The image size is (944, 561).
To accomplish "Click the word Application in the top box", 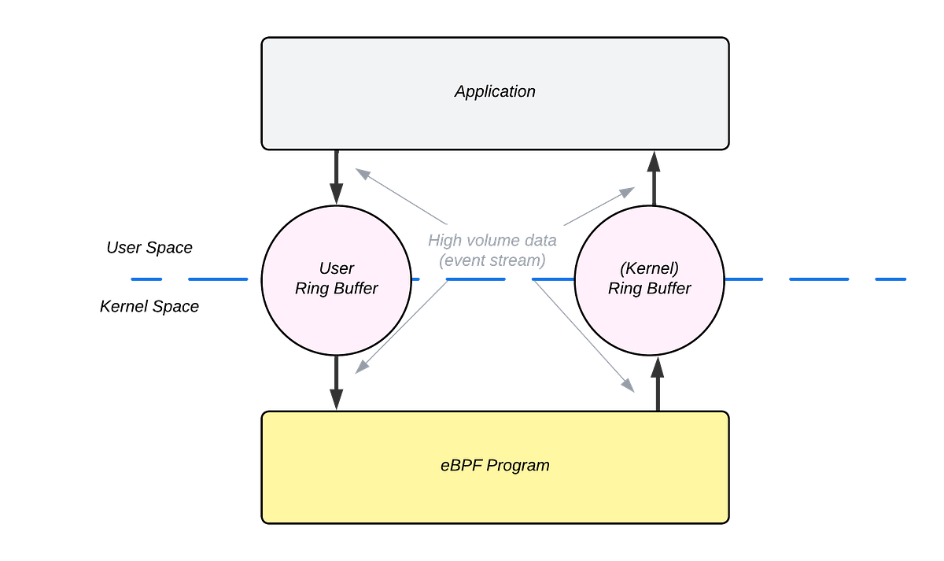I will tap(495, 91).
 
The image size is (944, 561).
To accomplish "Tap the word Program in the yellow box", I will tap(518, 465).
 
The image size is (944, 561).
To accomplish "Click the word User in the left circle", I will tap(337, 268).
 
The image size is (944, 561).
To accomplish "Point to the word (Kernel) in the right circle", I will tap(649, 268).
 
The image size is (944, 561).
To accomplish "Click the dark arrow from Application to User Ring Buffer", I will tap(337, 177).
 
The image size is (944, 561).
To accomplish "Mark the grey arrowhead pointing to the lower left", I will tap(361, 369).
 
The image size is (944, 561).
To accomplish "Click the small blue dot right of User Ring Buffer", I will tap(418, 279).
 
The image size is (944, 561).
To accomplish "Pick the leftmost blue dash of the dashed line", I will tap(146, 279).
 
